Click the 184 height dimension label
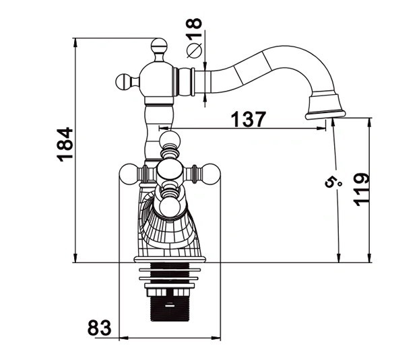click(65, 144)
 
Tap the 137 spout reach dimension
click(248, 119)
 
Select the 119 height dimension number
click(361, 189)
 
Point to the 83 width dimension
click(99, 328)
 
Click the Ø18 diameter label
click(194, 38)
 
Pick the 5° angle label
click(333, 182)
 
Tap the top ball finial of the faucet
click(159, 46)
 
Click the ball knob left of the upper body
click(124, 82)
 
